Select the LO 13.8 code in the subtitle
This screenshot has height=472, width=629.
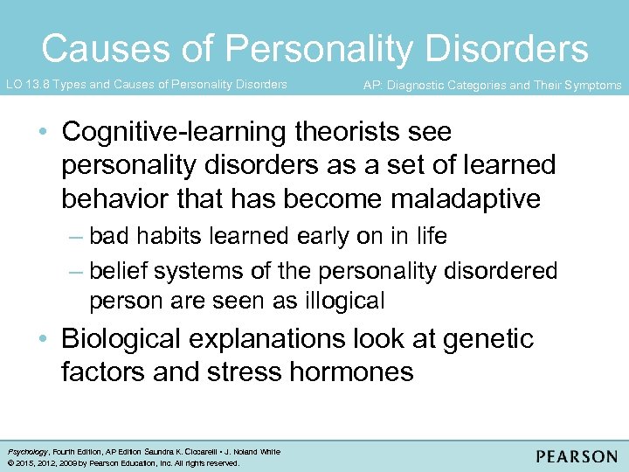coord(29,85)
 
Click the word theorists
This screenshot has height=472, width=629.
coord(348,132)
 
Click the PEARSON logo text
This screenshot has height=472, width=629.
coord(577,457)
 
